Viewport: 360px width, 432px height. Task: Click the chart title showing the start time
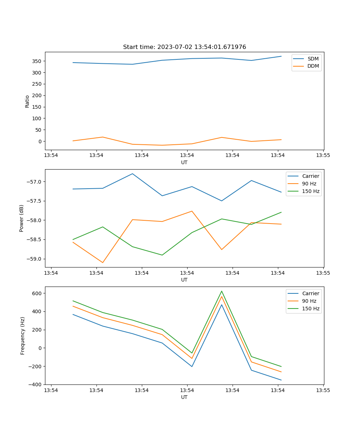click(184, 47)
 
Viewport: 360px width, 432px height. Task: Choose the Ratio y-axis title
click(27, 101)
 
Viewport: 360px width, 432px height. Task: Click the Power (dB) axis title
click(22, 218)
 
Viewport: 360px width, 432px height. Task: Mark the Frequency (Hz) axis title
click(23, 336)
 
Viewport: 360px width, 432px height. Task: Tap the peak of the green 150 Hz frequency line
click(222, 291)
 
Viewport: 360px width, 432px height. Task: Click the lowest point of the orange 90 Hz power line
click(103, 262)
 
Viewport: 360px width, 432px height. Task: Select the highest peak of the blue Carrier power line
click(132, 174)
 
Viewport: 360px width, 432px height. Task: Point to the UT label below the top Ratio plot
click(184, 162)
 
